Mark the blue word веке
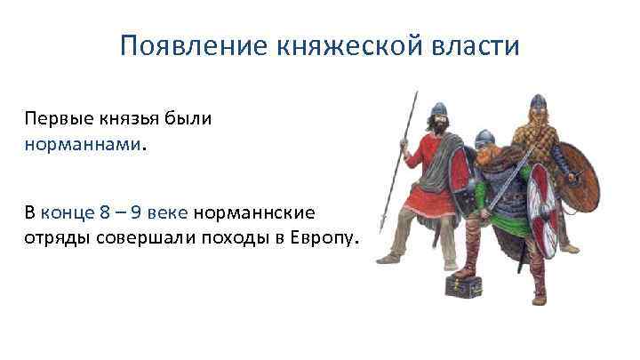(x=168, y=213)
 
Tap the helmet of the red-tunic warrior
(x=436, y=114)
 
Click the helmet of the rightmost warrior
(x=535, y=103)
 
